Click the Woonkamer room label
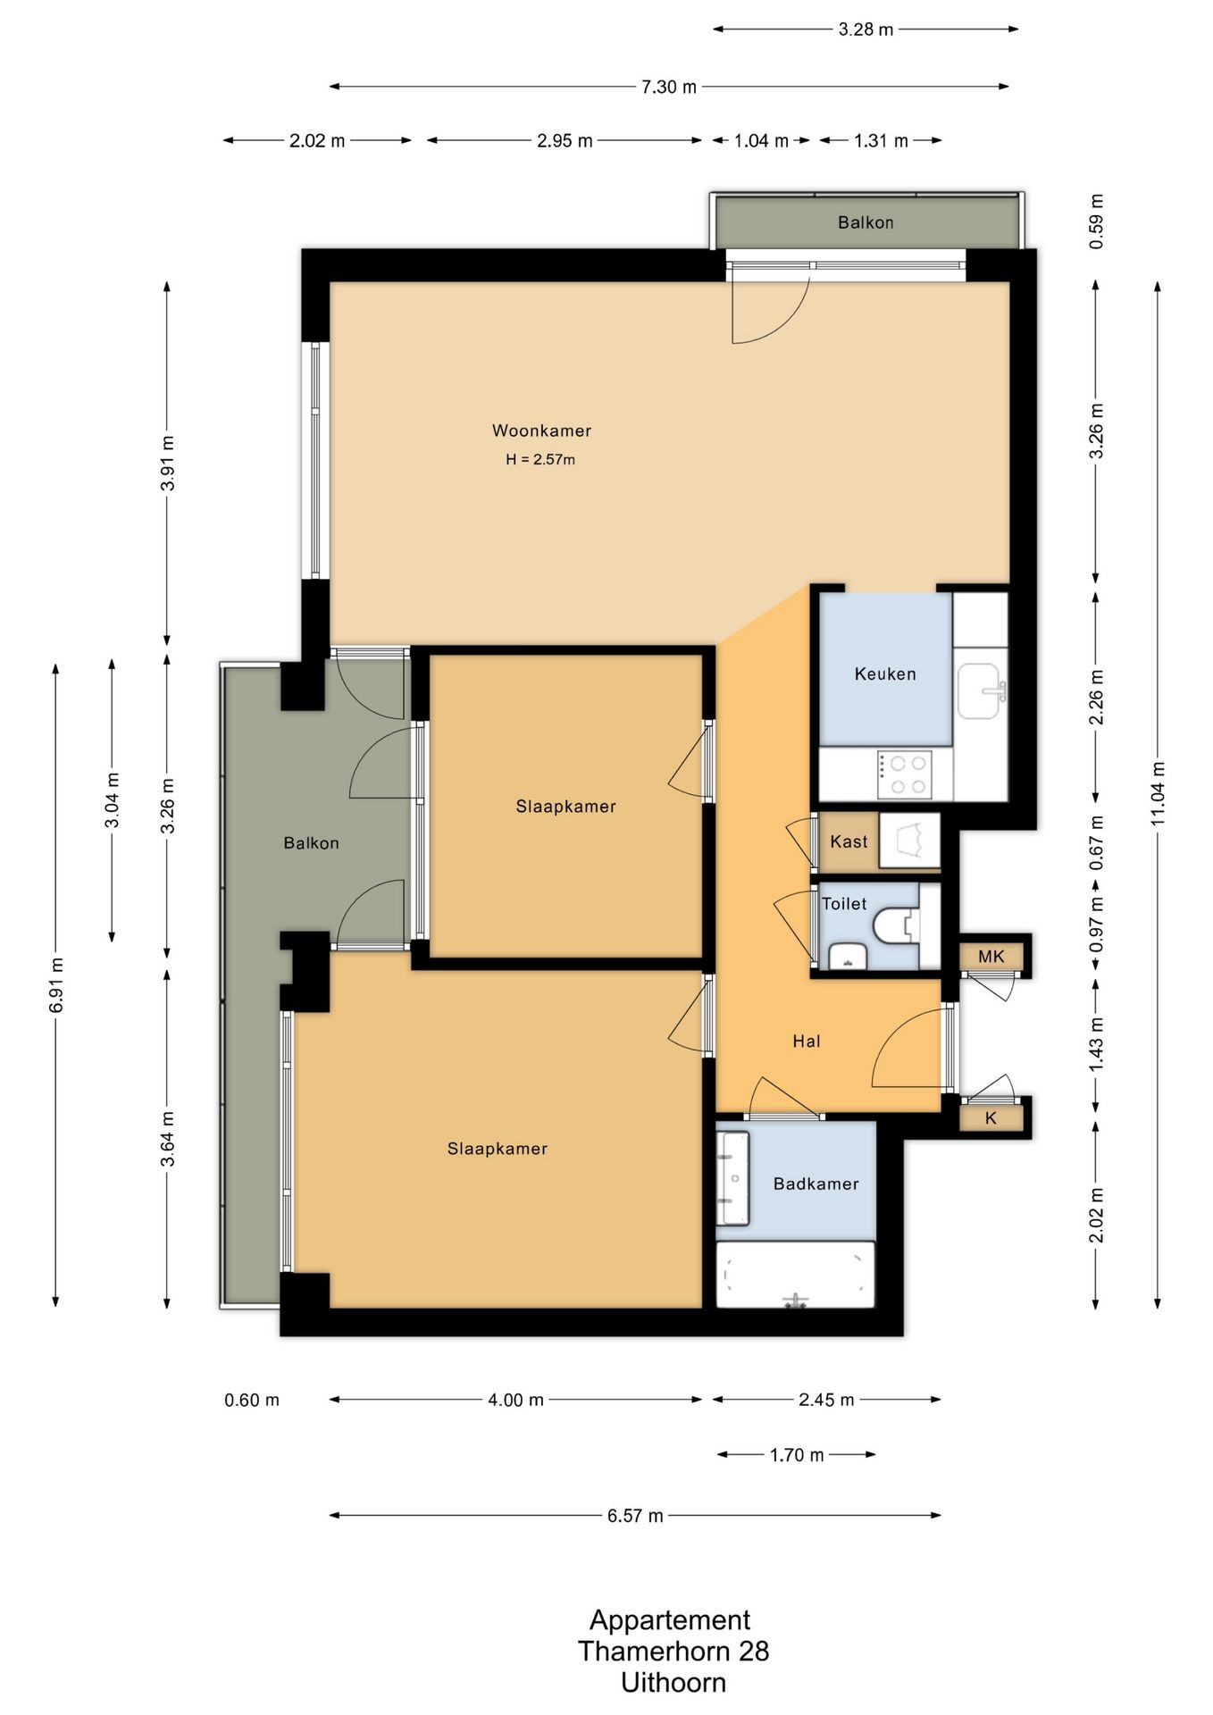pyautogui.click(x=541, y=431)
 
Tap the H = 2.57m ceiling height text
pyautogui.click(x=540, y=460)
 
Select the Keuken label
pyautogui.click(x=885, y=674)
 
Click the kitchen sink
pyautogui.click(x=982, y=690)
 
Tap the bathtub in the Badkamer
pyautogui.click(x=795, y=1275)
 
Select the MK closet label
pyautogui.click(x=991, y=957)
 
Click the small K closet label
pyautogui.click(x=991, y=1118)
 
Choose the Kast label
pyautogui.click(x=849, y=841)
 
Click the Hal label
pyautogui.click(x=807, y=1041)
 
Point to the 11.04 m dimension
pyautogui.click(x=1158, y=793)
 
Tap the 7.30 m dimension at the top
pyautogui.click(x=669, y=87)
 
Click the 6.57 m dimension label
pyautogui.click(x=635, y=1516)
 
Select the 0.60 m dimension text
pyautogui.click(x=252, y=1400)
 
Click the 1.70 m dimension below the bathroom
pyautogui.click(x=797, y=1455)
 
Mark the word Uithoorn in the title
pyautogui.click(x=673, y=1683)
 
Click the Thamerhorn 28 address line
pyautogui.click(x=673, y=1651)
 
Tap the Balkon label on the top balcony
pyautogui.click(x=866, y=222)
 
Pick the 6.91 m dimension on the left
pyautogui.click(x=55, y=985)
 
